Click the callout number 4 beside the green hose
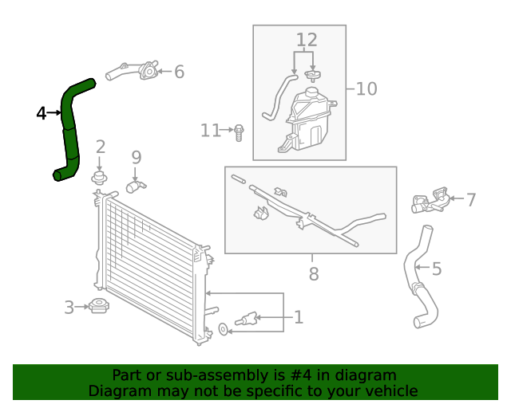click(42, 113)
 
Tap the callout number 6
click(179, 73)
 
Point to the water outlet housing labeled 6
click(144, 73)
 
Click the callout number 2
click(101, 147)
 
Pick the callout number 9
click(136, 157)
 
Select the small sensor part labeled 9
click(135, 186)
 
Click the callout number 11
click(210, 130)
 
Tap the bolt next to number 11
click(239, 131)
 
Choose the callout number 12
click(307, 40)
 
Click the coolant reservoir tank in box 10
click(307, 120)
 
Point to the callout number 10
click(366, 88)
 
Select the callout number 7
click(471, 199)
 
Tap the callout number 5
click(437, 269)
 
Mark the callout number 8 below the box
click(314, 274)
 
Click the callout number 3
click(69, 307)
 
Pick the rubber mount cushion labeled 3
click(99, 306)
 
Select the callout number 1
click(298, 317)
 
